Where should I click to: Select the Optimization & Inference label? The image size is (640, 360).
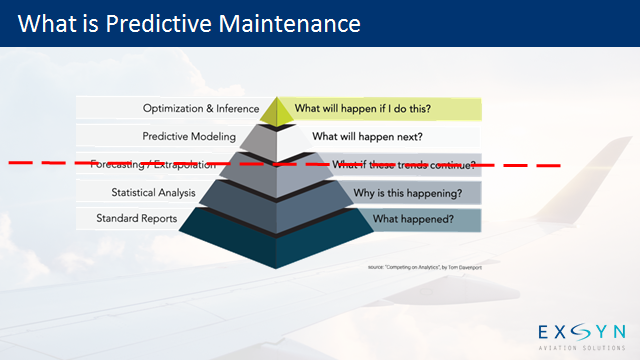(201, 109)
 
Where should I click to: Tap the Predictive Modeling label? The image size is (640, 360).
(189, 136)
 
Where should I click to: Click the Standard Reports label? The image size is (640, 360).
(137, 218)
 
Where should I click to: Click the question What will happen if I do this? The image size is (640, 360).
(362, 109)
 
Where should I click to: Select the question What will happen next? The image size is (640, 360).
(367, 136)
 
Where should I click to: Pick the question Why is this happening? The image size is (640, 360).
(407, 191)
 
